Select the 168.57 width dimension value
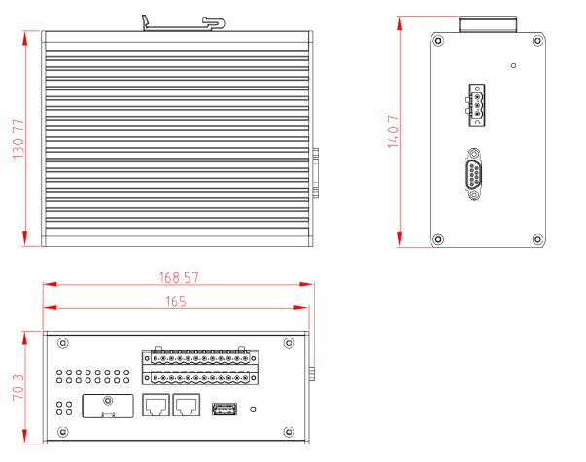(180, 277)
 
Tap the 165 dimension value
(175, 301)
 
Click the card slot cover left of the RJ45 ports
(108, 406)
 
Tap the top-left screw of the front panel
(63, 342)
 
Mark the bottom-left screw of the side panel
(438, 239)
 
